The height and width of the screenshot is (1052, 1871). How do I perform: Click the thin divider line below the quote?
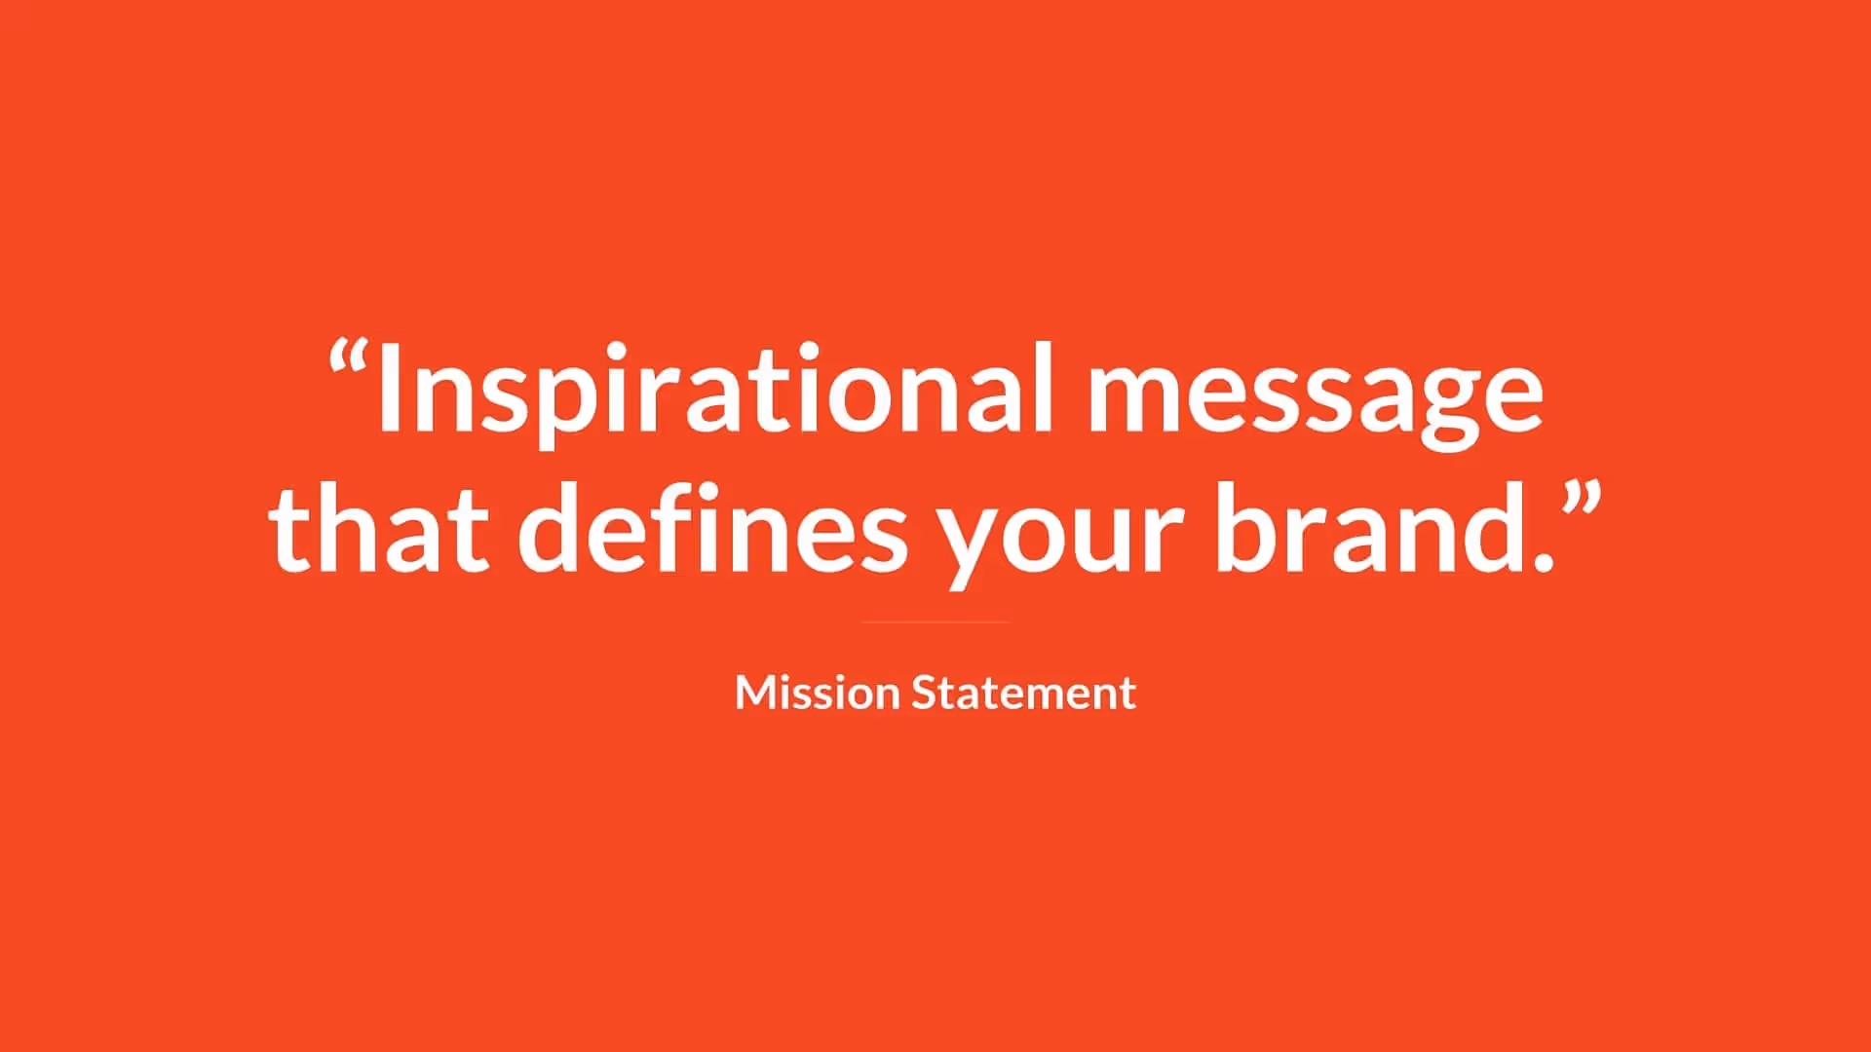pos(935,621)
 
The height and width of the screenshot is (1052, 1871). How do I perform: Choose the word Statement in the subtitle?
pos(1023,693)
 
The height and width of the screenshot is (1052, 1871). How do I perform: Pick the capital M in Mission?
pos(756,693)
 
